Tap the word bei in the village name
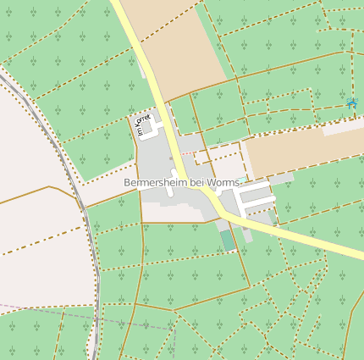[x=197, y=183]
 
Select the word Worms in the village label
[x=224, y=183]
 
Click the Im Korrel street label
[x=141, y=125]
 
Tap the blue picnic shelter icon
[x=351, y=103]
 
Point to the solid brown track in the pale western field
[x=34, y=193]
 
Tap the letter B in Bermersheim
[x=127, y=183]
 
